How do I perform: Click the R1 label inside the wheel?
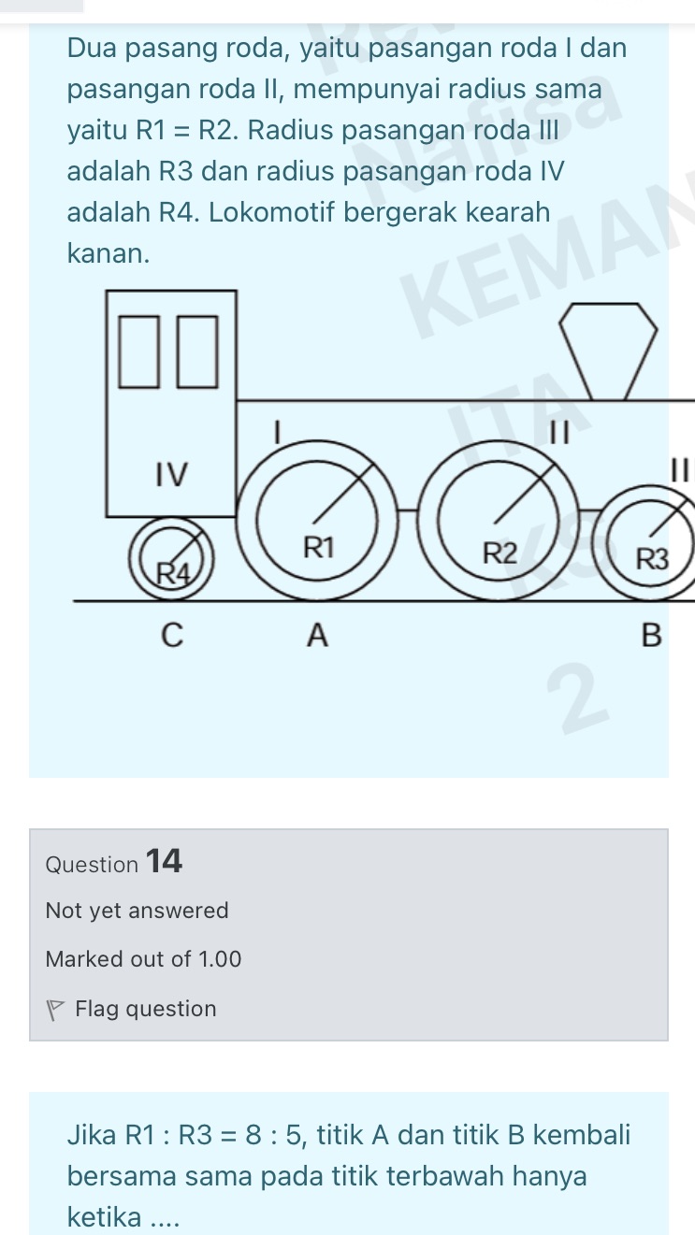319,548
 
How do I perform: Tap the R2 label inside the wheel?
500,553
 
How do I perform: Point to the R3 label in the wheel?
653,559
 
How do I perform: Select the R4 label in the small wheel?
173,573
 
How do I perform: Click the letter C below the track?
172,635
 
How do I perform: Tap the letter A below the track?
318,635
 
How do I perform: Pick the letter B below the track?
651,635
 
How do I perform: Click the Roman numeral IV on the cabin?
171,475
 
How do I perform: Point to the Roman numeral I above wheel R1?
279,432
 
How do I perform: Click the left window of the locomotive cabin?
139,352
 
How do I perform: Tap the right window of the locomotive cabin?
197,352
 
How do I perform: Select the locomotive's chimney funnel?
608,352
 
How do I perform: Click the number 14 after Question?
164,861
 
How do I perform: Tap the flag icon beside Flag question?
54,1010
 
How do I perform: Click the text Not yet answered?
137,911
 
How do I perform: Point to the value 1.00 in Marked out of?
220,959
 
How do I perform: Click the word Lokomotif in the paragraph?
271,212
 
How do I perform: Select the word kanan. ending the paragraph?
109,253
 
